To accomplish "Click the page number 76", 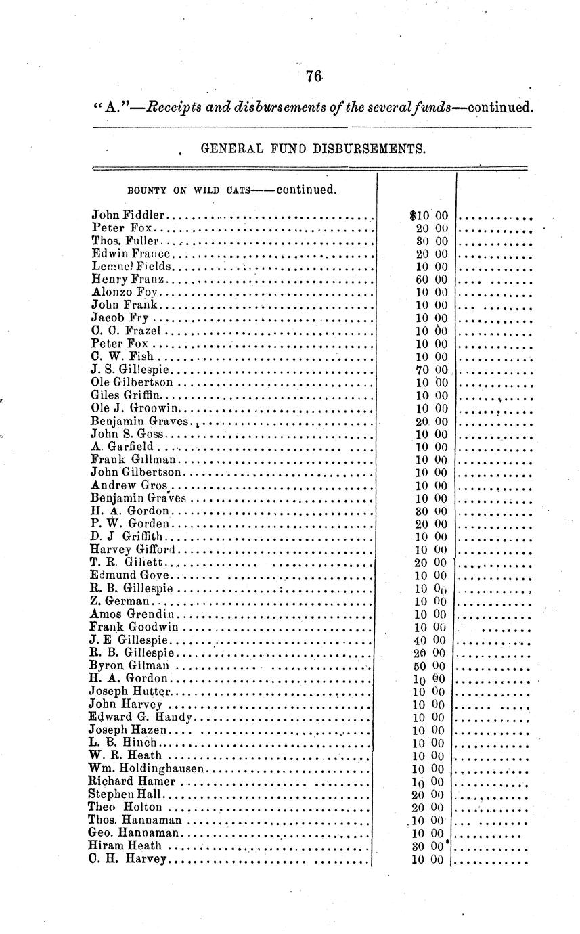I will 313,76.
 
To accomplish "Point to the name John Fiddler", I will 128,216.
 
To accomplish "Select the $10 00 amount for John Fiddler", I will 429,216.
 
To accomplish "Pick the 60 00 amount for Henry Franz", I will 431,280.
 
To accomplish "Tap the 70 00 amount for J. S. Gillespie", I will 431,370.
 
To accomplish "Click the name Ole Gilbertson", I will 135,382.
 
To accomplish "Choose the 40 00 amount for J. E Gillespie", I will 430,640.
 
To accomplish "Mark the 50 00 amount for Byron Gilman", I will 430,665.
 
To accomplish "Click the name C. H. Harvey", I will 127,859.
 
